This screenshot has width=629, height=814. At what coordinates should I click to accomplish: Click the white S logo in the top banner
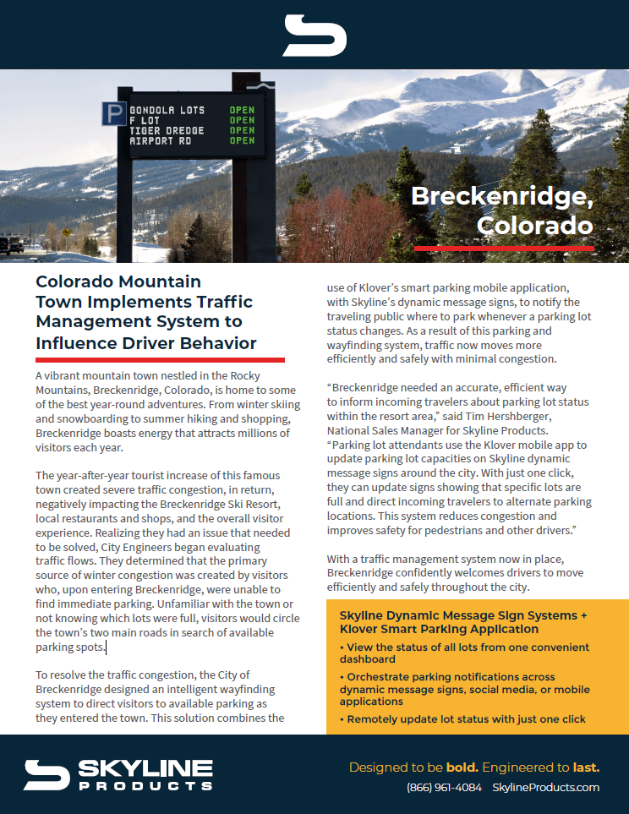pyautogui.click(x=314, y=36)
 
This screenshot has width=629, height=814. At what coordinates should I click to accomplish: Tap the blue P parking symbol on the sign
pyautogui.click(x=112, y=112)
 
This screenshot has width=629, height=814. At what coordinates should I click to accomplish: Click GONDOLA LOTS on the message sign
pyautogui.click(x=167, y=110)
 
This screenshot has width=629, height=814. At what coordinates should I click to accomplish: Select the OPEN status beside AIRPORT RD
pyautogui.click(x=242, y=140)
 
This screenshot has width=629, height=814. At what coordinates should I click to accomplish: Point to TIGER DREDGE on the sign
pyautogui.click(x=167, y=130)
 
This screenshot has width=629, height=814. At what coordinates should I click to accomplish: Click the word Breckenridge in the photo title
pyautogui.click(x=501, y=196)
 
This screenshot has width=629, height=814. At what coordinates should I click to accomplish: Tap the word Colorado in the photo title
pyautogui.click(x=534, y=226)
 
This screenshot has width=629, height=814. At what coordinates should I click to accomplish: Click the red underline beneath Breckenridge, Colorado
pyautogui.click(x=504, y=249)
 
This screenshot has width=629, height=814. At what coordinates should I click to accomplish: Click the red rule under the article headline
pyautogui.click(x=160, y=360)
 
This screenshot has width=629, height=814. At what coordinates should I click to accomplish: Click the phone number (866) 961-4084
pyautogui.click(x=444, y=787)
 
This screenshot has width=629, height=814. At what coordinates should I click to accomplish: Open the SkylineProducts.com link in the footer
pyautogui.click(x=545, y=787)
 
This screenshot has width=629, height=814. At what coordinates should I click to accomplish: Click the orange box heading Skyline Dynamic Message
pyautogui.click(x=463, y=622)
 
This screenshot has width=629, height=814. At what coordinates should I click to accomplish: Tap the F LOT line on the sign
pyautogui.click(x=145, y=120)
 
